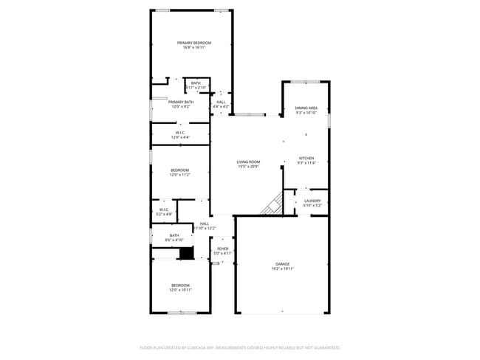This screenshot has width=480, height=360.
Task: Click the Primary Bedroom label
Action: (x=193, y=43)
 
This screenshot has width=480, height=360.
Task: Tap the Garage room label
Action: (x=282, y=263)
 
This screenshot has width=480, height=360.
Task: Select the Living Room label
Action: (x=248, y=162)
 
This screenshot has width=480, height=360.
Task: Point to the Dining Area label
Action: (x=306, y=108)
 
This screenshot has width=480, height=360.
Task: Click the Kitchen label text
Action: (x=306, y=158)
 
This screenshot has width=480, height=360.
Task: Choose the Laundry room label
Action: (x=312, y=200)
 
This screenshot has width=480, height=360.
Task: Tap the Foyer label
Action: (x=222, y=249)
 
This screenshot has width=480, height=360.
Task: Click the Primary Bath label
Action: (x=181, y=102)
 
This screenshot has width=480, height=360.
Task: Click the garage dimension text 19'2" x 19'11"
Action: (x=282, y=269)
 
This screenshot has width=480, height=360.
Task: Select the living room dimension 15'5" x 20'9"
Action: (x=248, y=167)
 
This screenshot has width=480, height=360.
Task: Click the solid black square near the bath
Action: (x=187, y=253)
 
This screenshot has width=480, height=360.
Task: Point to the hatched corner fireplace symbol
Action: (x=273, y=204)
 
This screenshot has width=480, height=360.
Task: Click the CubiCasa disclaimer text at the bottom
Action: (x=239, y=347)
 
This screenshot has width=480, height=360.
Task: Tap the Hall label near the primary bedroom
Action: (x=221, y=102)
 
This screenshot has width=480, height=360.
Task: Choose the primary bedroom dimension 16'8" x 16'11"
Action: (x=193, y=48)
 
